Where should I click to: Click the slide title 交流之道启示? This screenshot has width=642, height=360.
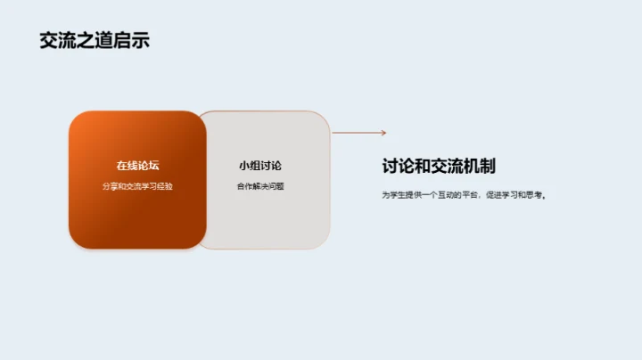94,40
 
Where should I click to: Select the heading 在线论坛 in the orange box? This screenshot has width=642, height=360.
137,166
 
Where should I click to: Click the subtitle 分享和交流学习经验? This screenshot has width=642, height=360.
137,186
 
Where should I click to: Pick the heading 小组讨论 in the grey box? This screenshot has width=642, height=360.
260,166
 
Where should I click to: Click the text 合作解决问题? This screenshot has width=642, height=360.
260,186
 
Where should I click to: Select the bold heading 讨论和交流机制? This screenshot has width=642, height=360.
438,166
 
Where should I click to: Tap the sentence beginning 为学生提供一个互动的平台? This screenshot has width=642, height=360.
463,194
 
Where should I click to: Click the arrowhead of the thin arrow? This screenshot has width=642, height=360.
383,133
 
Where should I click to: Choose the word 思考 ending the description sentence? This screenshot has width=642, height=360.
535,194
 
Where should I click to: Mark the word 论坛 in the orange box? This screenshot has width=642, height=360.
148,166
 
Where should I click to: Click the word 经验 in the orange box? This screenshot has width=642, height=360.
165,186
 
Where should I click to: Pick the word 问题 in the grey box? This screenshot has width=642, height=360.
276,186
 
